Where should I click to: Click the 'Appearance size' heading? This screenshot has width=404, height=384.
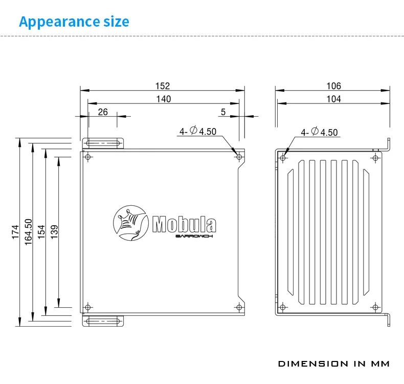click(x=74, y=22)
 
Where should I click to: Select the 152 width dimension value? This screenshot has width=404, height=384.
click(x=163, y=86)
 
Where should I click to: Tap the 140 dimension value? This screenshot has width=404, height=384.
click(x=164, y=99)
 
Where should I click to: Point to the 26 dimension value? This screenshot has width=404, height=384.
click(x=103, y=112)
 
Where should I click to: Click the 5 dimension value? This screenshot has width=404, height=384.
click(x=223, y=112)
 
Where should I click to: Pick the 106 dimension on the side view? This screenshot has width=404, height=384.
click(x=333, y=86)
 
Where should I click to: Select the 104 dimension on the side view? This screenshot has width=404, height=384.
click(x=333, y=99)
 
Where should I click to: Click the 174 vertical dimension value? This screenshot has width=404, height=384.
click(x=15, y=231)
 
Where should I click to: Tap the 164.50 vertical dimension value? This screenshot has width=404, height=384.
click(x=29, y=231)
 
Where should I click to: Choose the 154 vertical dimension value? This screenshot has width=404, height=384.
click(x=42, y=231)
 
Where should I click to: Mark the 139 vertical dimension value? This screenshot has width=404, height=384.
click(x=55, y=231)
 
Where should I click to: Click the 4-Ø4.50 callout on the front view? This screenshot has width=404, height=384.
click(x=197, y=132)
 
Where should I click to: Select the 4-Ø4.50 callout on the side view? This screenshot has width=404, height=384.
click(x=319, y=132)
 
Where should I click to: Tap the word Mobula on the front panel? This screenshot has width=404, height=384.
click(x=184, y=224)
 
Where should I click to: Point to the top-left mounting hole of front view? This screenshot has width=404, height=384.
click(x=88, y=157)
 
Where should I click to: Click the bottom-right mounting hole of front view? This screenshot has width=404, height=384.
click(x=239, y=307)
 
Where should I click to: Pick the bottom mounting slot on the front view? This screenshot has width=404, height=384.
click(x=104, y=321)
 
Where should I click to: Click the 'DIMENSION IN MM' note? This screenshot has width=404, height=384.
click(x=333, y=364)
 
